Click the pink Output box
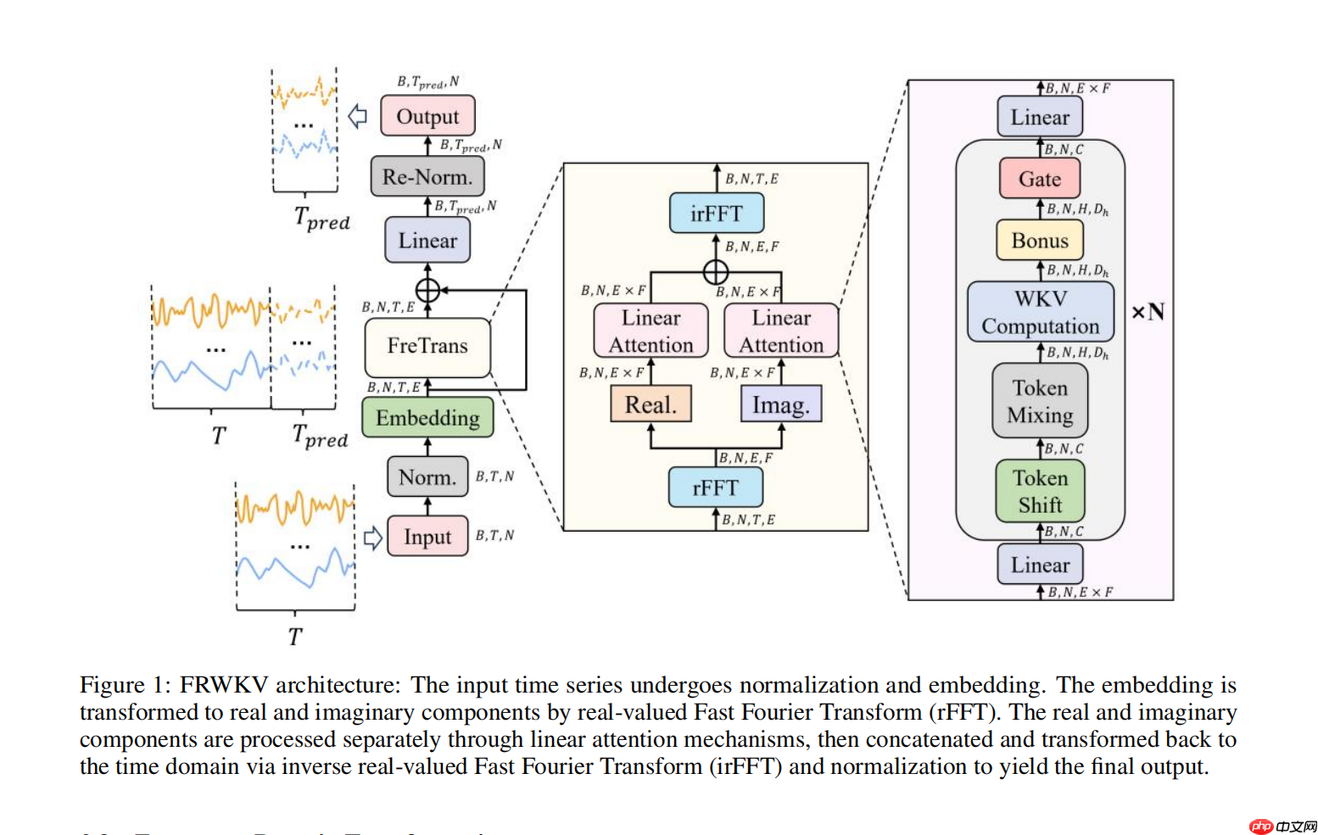click(427, 116)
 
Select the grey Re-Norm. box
click(427, 177)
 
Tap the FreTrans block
click(427, 346)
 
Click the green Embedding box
click(427, 418)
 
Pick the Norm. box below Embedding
click(427, 477)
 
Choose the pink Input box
click(427, 537)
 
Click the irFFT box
click(716, 213)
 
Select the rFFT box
click(715, 487)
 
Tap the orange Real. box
click(651, 404)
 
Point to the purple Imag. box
click(780, 404)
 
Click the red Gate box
click(1039, 179)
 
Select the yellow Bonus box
click(1039, 241)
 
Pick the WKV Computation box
click(1040, 312)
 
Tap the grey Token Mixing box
click(1040, 401)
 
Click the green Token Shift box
click(1040, 492)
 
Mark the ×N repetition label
click(1148, 312)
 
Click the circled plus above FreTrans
click(427, 290)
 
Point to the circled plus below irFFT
click(716, 272)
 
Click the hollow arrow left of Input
click(372, 537)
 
